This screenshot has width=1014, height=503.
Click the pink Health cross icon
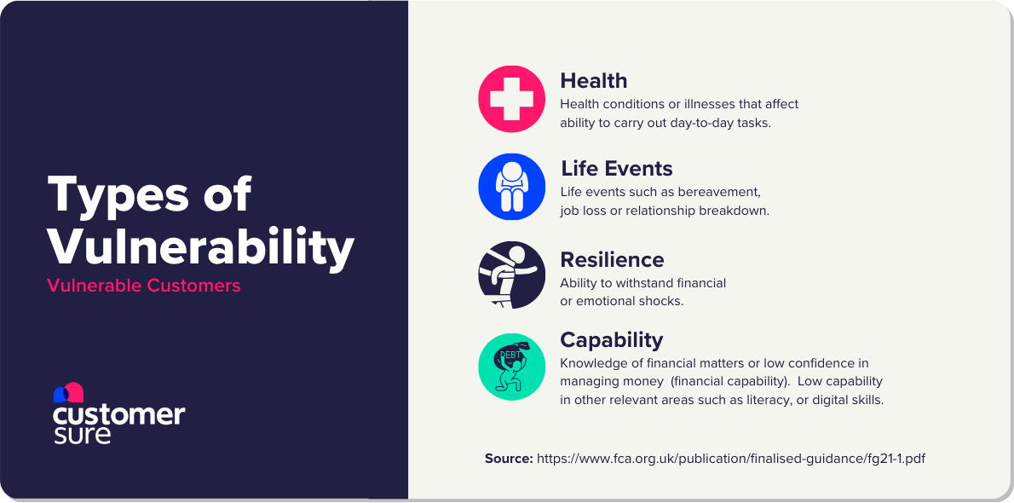coord(511,99)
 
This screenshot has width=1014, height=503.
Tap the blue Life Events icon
coord(511,187)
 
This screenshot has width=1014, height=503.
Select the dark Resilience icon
coord(511,275)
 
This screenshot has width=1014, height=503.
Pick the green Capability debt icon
coord(511,367)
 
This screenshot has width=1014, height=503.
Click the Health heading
coord(593,81)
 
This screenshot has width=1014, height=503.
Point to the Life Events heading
coord(616,169)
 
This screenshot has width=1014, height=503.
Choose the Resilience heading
coord(611,259)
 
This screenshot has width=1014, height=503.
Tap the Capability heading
coord(611,339)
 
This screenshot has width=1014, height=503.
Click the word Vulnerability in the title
coord(200,247)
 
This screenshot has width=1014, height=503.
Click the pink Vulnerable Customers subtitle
coord(144,286)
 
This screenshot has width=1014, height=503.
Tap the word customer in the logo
coord(118,414)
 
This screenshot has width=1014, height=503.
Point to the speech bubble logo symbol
coord(68,392)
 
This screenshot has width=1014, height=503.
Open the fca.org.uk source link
coord(730,459)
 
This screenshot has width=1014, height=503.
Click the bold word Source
coord(509,459)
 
